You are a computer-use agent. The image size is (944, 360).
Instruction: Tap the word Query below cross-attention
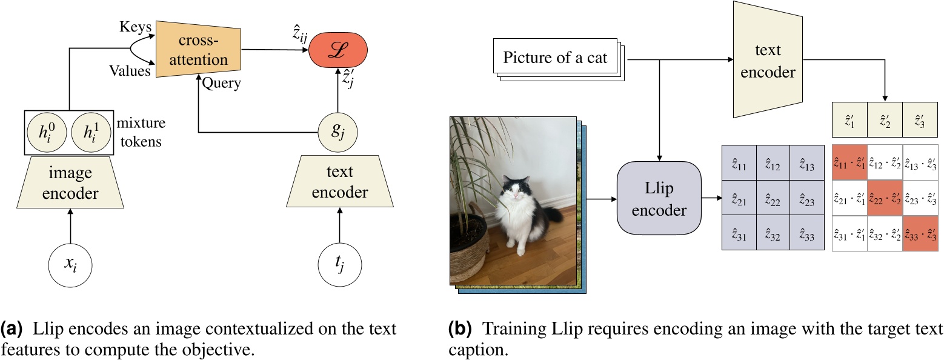tap(222, 83)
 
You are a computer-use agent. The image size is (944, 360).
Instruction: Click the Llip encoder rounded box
tap(658, 198)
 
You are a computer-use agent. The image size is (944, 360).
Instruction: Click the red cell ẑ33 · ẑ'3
tap(919, 233)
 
